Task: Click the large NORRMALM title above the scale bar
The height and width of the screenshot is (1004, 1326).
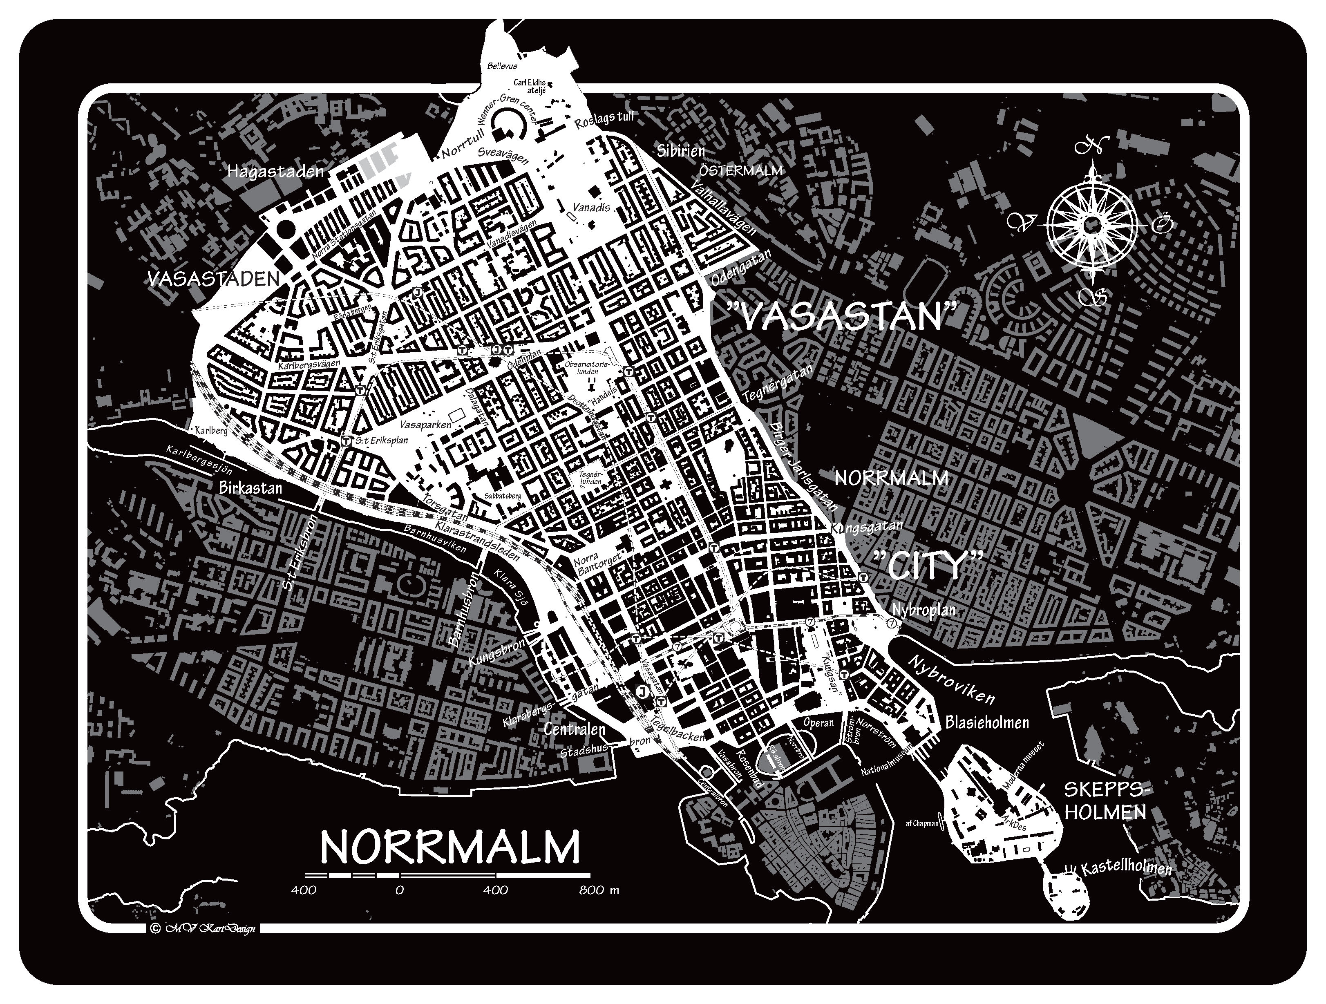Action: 449,846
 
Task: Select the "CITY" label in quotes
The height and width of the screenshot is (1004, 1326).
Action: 928,565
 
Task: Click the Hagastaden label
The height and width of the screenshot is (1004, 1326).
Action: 275,172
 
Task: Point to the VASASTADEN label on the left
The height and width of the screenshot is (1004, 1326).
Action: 213,279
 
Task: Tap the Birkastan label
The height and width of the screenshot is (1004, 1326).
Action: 250,487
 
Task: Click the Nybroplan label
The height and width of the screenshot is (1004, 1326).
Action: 923,610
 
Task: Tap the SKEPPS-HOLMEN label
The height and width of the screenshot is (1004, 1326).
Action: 1105,801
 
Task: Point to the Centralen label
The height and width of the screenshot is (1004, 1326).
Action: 574,729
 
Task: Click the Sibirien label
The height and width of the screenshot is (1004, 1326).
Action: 680,150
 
